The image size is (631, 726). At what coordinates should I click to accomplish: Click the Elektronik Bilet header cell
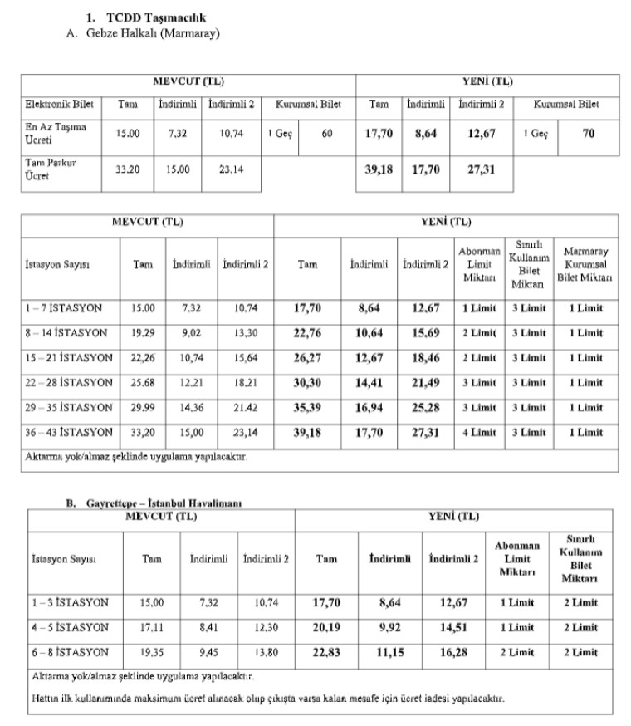(x=59, y=105)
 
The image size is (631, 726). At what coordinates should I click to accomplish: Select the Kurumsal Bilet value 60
(x=326, y=133)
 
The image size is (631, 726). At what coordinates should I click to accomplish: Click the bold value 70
(x=588, y=133)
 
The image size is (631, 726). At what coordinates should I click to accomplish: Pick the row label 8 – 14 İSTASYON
(x=66, y=333)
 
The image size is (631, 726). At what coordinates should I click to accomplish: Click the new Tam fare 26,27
(x=307, y=358)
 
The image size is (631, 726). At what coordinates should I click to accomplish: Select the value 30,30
(x=307, y=383)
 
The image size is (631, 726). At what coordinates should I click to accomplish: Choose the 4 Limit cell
(x=479, y=433)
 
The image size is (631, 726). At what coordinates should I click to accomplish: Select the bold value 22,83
(x=326, y=653)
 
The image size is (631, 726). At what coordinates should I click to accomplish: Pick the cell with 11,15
(x=389, y=653)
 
